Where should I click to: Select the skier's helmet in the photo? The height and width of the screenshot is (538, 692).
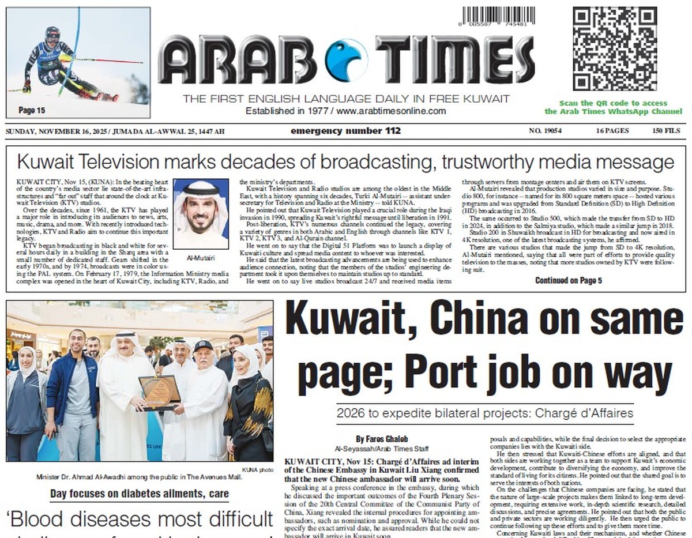point(52,35)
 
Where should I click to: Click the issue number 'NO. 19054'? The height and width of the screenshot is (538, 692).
point(545,131)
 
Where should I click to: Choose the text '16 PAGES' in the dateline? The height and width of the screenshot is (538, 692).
point(612,131)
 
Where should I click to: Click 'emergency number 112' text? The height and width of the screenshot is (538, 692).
point(345,131)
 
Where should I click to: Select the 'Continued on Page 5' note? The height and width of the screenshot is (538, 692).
point(569,281)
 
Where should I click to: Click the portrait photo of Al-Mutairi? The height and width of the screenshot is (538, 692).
point(201,214)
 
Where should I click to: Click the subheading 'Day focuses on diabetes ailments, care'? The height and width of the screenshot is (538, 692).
point(139,494)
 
